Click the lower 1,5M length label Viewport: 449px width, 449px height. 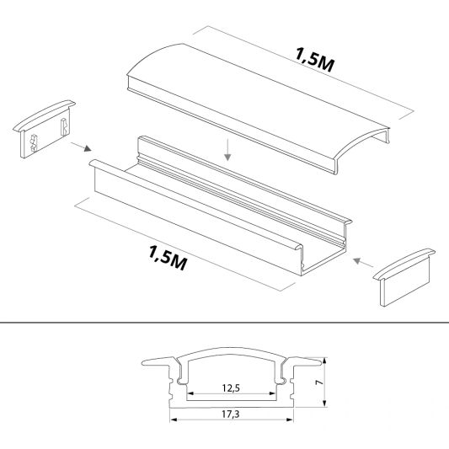166,255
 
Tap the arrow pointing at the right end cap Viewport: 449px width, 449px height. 363,261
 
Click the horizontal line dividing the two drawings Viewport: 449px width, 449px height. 224,322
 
